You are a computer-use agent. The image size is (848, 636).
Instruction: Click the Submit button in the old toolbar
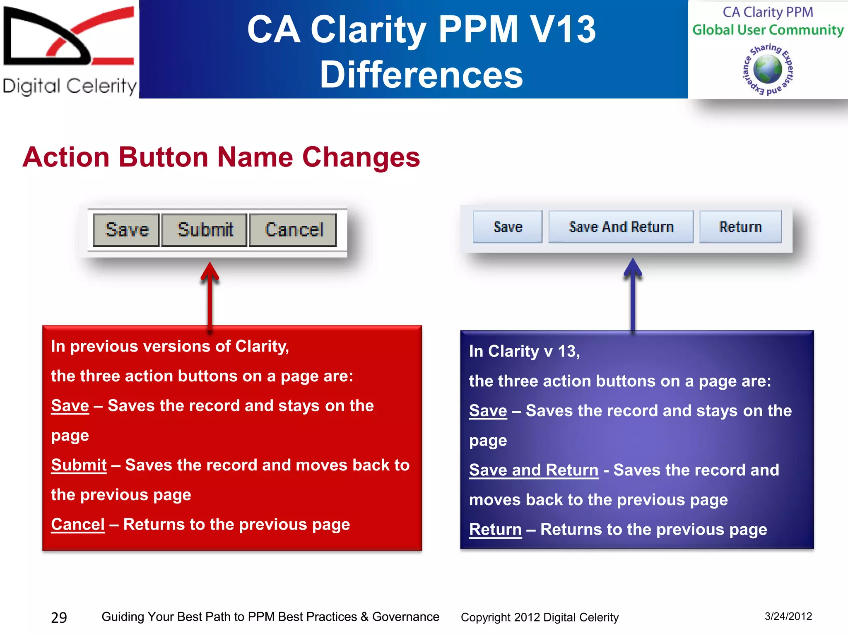click(205, 230)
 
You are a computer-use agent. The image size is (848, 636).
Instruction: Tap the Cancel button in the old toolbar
click(293, 230)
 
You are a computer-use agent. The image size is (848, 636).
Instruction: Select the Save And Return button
click(621, 227)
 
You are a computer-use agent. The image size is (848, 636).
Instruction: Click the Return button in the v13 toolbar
click(740, 227)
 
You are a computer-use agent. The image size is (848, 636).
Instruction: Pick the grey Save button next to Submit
click(127, 230)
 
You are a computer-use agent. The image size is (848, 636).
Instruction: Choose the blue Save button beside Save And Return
click(508, 227)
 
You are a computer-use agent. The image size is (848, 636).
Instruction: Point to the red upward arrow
click(210, 294)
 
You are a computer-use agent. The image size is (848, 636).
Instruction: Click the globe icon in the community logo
click(767, 70)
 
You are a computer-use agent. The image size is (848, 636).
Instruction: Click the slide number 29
click(59, 617)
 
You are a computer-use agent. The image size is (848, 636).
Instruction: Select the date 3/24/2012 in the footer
click(788, 616)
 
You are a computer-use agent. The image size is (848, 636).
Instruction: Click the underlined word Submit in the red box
click(79, 465)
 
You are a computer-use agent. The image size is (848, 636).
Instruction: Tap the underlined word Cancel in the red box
click(78, 524)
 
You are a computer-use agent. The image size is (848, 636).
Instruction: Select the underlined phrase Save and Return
click(533, 470)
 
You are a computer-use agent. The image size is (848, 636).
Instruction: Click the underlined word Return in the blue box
click(495, 529)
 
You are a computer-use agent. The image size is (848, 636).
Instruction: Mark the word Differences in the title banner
click(422, 75)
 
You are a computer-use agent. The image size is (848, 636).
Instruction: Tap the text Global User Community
click(768, 30)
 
